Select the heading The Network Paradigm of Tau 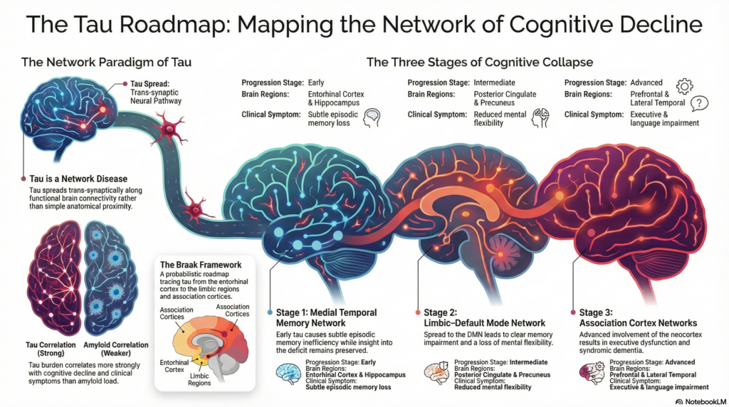tap(106, 63)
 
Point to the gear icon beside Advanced tap(684, 86)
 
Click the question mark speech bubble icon tap(699, 104)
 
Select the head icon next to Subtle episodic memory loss tap(371, 118)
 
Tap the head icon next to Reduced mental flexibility tap(539, 118)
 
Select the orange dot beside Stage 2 tap(419, 312)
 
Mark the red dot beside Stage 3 tap(573, 312)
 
